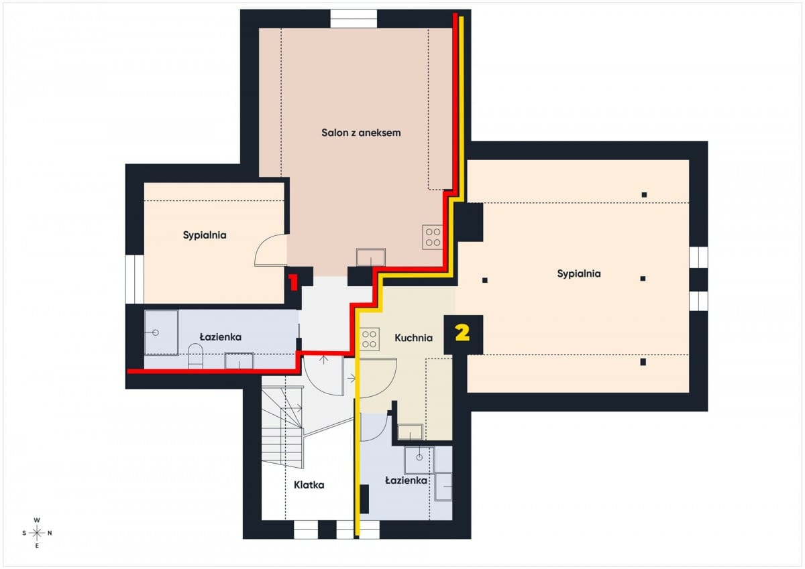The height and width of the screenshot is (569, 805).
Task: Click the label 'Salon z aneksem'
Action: click(361, 133)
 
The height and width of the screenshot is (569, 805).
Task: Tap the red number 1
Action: click(293, 283)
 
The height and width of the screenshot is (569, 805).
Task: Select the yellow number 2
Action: click(462, 333)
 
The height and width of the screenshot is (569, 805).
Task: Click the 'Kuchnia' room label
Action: click(413, 338)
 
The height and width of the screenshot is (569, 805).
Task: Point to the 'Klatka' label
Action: click(309, 485)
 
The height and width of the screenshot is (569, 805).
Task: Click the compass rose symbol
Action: click(37, 533)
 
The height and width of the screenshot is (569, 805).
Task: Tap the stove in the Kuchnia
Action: click(369, 339)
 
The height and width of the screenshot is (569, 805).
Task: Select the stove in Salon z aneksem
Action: click(433, 237)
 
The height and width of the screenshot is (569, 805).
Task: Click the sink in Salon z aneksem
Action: click(371, 257)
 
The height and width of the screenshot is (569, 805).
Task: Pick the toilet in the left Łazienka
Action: click(195, 356)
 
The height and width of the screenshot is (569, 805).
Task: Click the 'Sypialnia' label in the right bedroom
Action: click(578, 274)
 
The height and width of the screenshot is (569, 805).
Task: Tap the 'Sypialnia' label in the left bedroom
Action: click(205, 235)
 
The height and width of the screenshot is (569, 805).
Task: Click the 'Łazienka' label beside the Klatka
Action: click(406, 481)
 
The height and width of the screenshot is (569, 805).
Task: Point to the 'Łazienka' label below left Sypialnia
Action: click(220, 337)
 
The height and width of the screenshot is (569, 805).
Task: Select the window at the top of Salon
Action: click(354, 19)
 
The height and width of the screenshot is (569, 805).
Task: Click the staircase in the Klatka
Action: click(282, 427)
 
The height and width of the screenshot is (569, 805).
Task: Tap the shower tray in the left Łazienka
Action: click(162, 333)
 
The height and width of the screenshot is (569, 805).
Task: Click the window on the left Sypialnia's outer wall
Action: click(134, 279)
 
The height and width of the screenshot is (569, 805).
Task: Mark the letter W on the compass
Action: click(37, 520)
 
